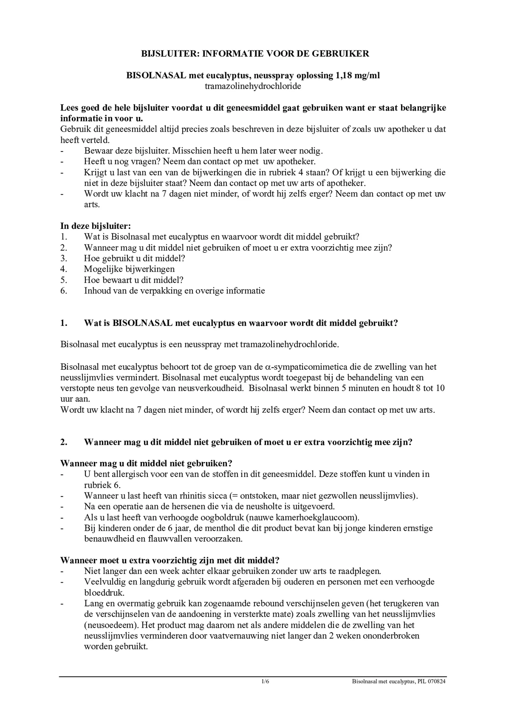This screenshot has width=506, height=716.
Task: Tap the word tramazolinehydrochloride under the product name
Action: pos(253,86)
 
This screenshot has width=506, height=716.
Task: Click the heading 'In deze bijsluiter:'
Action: pos(96,226)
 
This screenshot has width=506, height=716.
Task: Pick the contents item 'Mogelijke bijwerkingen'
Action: pos(129,269)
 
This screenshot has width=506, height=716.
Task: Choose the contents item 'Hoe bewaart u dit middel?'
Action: pos(133,280)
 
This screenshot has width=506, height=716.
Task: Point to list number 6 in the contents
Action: pos(64,291)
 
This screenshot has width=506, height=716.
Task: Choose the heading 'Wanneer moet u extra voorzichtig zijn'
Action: pos(169,560)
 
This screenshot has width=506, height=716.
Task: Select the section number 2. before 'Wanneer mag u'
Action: pos(64,442)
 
